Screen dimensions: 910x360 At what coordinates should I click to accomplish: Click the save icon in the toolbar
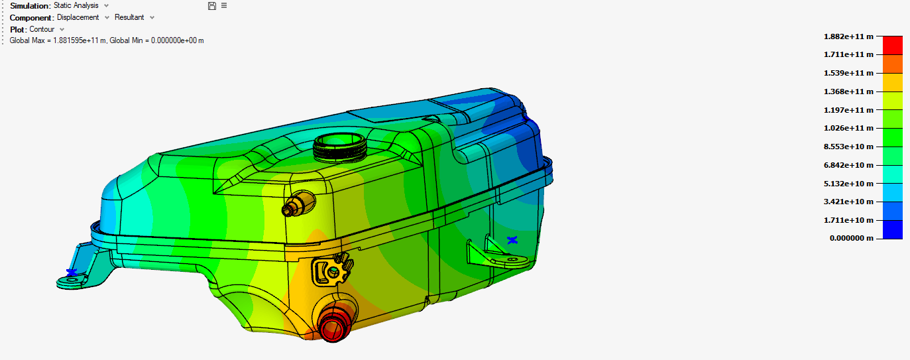211,6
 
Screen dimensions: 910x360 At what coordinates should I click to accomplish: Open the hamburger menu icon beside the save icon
224,6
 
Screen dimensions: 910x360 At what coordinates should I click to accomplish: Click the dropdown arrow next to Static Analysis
107,6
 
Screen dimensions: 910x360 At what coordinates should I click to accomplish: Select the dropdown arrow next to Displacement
107,17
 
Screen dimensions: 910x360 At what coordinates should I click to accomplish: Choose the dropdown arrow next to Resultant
152,17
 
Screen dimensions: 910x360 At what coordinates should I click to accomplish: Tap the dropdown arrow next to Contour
62,29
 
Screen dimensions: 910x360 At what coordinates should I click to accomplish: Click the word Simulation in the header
30,6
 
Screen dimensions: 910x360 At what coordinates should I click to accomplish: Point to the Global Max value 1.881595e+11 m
80,40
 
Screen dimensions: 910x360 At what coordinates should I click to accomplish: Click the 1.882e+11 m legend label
848,36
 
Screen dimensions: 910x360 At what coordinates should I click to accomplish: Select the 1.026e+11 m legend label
848,128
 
